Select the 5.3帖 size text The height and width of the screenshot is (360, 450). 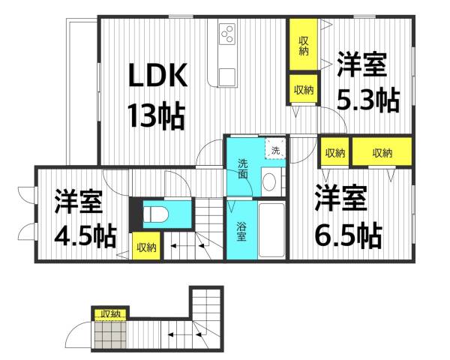tap(367, 101)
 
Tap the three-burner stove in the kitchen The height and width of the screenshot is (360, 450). tap(228, 34)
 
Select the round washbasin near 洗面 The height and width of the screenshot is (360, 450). tap(269, 180)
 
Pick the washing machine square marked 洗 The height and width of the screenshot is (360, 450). tap(275, 150)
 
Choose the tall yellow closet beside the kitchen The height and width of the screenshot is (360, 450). tap(304, 46)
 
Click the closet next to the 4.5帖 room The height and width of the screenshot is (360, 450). tap(145, 247)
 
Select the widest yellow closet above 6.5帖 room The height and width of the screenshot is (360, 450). tap(382, 153)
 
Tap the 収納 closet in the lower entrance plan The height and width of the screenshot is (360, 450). tap(110, 313)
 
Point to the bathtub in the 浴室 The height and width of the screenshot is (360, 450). tap(271, 230)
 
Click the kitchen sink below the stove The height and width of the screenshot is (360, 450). tap(228, 76)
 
